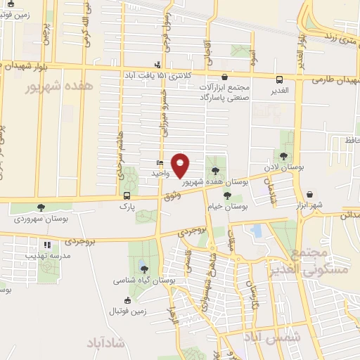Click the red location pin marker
pyautogui.click(x=181, y=165)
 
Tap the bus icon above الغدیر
pyautogui.click(x=280, y=79)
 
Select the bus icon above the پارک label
pyautogui.click(x=127, y=196)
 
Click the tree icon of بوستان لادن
pyautogui.click(x=283, y=156)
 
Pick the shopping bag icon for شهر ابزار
pyautogui.click(x=310, y=194)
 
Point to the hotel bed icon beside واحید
pyautogui.click(x=160, y=162)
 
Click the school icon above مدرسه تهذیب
pyautogui.click(x=48, y=245)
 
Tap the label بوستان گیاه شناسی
pyautogui.click(x=143, y=280)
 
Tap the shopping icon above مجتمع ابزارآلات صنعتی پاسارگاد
pyautogui.click(x=224, y=77)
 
